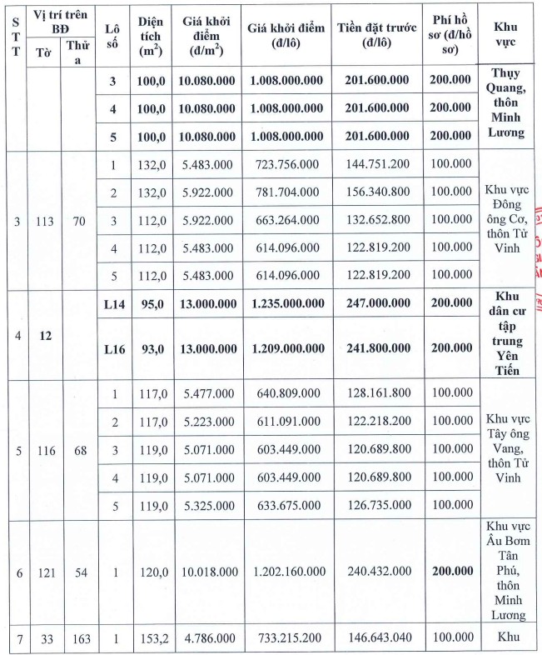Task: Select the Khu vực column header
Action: click(510, 39)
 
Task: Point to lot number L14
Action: click(113, 306)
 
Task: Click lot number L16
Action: click(113, 348)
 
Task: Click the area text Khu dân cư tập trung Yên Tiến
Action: click(510, 333)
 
